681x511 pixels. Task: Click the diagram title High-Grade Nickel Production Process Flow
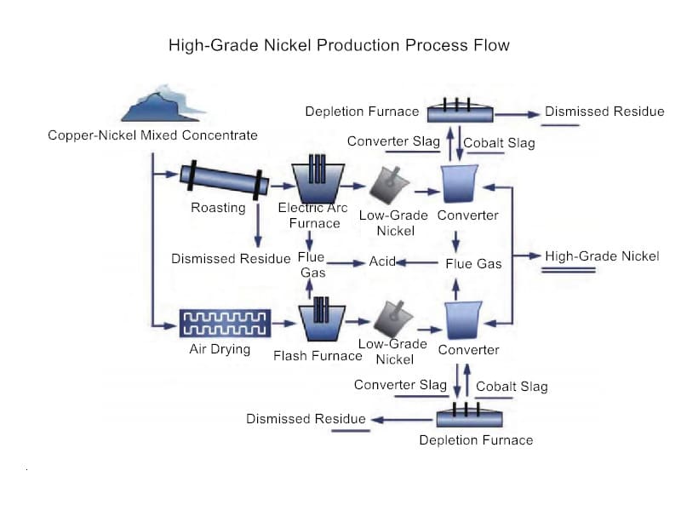click(x=339, y=45)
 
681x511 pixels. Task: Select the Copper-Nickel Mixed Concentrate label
click(x=152, y=135)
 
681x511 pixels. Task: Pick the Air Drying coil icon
click(x=225, y=323)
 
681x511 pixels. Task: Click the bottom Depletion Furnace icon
click(x=469, y=416)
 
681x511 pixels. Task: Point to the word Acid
click(x=382, y=261)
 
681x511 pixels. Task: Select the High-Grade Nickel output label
click(x=602, y=255)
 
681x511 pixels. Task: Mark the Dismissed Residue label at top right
click(x=604, y=112)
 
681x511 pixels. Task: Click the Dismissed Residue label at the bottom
click(x=306, y=418)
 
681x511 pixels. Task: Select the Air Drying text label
click(x=220, y=349)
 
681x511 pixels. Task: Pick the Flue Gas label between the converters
click(x=473, y=264)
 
